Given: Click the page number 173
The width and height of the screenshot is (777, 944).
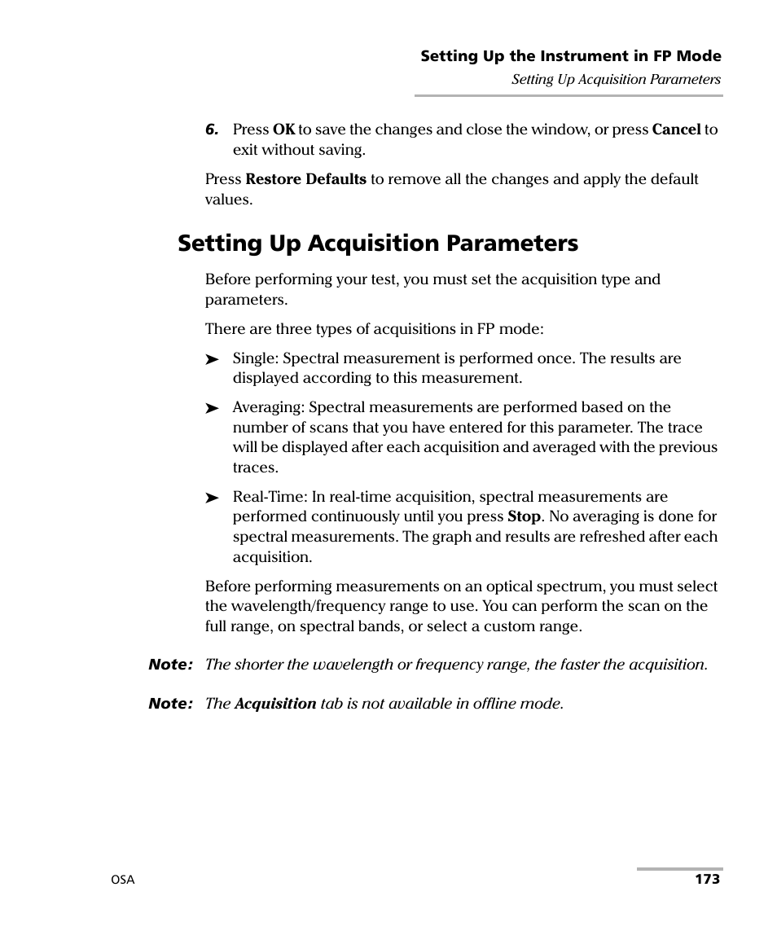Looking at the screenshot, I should pos(707,880).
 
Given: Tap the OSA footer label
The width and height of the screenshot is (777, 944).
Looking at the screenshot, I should pos(123,880).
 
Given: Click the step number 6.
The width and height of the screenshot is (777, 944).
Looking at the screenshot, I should pos(212,130).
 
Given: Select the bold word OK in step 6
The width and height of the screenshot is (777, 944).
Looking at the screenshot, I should pos(283,130).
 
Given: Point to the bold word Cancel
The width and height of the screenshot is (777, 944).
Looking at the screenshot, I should pos(676,130).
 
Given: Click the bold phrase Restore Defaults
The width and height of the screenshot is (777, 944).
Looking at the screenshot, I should pos(306,179).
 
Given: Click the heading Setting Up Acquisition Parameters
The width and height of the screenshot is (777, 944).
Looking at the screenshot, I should pos(378,243).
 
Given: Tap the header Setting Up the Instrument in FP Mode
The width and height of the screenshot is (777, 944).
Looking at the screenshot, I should pos(570,56).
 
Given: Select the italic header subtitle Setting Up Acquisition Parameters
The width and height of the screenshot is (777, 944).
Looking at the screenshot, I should pos(616,80).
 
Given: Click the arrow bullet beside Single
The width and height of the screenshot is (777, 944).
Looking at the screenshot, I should pos(213,359).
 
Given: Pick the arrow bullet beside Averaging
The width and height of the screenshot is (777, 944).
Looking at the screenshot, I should pos(213,408).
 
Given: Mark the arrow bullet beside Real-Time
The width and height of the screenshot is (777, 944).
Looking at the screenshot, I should pos(213,498).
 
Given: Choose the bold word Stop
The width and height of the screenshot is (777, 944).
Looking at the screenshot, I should pos(524,516).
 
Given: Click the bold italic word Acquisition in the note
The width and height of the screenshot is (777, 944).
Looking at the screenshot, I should pos(275,704).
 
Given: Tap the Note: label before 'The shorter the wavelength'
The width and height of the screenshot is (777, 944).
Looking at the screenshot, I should pos(170,665).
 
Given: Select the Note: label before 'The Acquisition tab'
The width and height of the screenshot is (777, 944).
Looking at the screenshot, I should pos(170,704).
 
